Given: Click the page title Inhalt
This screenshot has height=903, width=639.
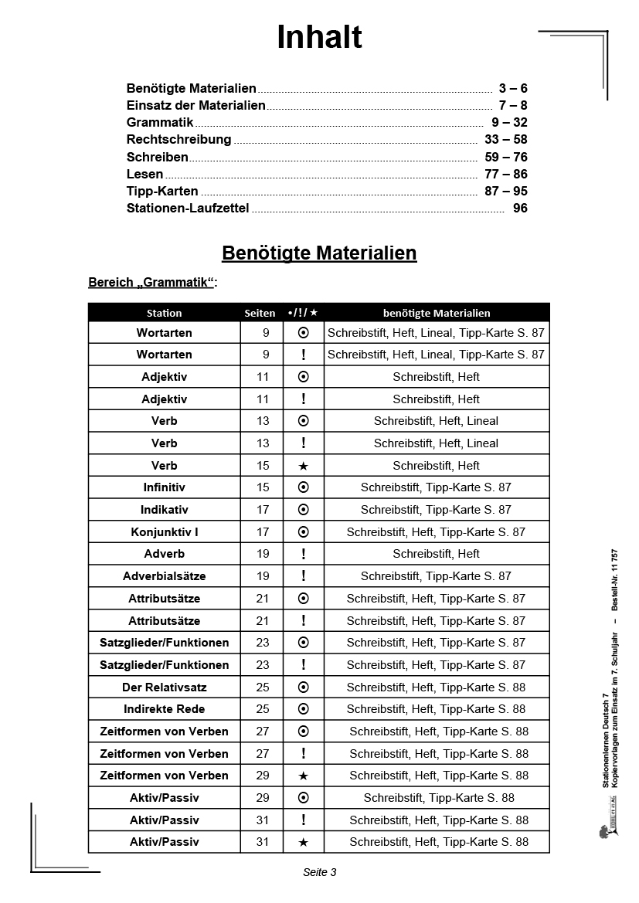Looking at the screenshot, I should (x=319, y=38).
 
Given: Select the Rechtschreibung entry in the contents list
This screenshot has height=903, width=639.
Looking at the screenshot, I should (x=178, y=140).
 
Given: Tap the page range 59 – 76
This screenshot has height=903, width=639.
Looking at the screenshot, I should (x=506, y=157).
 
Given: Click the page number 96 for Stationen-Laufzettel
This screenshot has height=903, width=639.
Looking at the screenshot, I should (x=520, y=208).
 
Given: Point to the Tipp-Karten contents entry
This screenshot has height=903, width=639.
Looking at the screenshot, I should (x=162, y=191).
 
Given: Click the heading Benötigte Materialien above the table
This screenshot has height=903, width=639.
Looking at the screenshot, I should (x=319, y=253).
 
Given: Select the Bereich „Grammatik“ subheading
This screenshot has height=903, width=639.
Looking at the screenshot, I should (x=153, y=283).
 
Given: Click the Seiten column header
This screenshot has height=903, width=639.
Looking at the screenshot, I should (x=260, y=313).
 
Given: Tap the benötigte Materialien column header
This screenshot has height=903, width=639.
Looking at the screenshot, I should (x=437, y=313).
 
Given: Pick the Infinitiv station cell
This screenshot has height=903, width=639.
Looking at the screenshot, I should (x=164, y=487).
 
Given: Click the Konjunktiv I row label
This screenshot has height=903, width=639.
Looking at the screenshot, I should (x=164, y=532).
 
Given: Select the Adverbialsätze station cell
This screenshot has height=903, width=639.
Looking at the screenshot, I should (x=164, y=576).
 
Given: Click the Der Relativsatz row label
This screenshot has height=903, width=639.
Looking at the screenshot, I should (x=164, y=687).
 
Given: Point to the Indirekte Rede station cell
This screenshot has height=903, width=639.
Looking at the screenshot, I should (x=164, y=709).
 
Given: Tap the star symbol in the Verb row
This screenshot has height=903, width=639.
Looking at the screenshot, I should (x=304, y=466).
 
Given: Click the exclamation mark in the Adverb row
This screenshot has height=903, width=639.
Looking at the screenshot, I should (x=304, y=554).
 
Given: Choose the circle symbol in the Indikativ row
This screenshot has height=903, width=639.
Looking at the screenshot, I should (x=304, y=510).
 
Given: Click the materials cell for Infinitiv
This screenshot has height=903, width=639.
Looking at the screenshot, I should (x=436, y=487).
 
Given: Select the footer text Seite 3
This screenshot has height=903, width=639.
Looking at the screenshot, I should (x=319, y=872).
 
